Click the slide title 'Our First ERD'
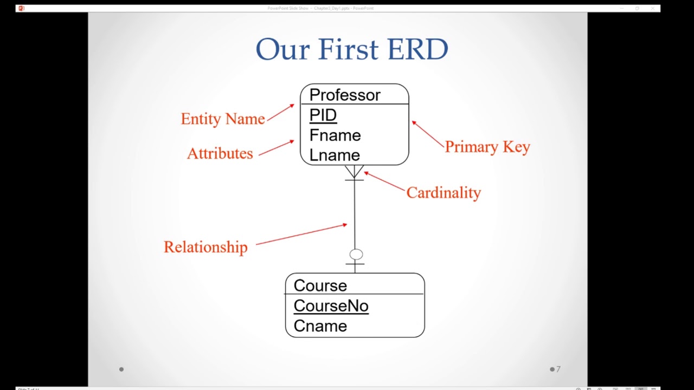pyautogui.click(x=351, y=49)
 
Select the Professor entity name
pyautogui.click(x=344, y=95)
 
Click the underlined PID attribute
pyautogui.click(x=323, y=115)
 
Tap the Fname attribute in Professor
pyautogui.click(x=335, y=135)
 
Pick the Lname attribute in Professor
pyautogui.click(x=334, y=155)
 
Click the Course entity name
pyautogui.click(x=320, y=285)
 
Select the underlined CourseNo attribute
pyautogui.click(x=331, y=305)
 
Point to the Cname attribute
pyautogui.click(x=320, y=326)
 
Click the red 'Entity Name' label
pyautogui.click(x=222, y=119)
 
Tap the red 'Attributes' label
pyautogui.click(x=220, y=153)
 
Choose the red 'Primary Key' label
pyautogui.click(x=487, y=147)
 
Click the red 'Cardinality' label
pyautogui.click(x=443, y=192)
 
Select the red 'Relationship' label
pyautogui.click(x=205, y=247)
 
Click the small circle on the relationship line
pyautogui.click(x=356, y=254)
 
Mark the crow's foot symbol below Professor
pyautogui.click(x=354, y=172)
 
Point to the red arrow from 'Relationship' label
pyautogui.click(x=301, y=234)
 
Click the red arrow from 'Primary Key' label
pyautogui.click(x=428, y=134)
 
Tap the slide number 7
pyautogui.click(x=558, y=369)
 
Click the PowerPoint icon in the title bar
pyautogui.click(x=21, y=8)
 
